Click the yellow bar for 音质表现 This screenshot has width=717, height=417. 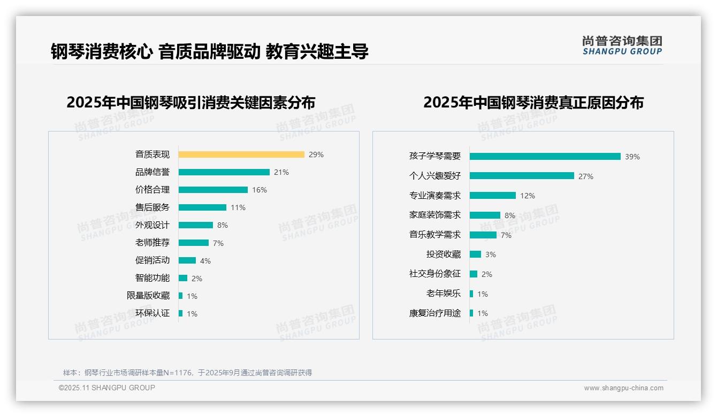[241, 155]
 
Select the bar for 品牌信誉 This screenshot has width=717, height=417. [224, 172]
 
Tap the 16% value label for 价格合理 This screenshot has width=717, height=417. [260, 190]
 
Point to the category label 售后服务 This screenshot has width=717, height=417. [152, 207]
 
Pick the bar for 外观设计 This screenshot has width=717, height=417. [196, 225]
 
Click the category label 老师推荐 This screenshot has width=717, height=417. [152, 243]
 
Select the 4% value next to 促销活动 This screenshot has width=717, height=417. [205, 261]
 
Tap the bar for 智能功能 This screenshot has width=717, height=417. [183, 278]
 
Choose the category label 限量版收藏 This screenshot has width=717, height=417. [148, 296]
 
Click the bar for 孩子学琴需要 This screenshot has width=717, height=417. [545, 157]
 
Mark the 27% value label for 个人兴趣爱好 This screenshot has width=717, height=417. [586, 176]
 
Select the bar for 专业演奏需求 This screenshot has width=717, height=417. [493, 196]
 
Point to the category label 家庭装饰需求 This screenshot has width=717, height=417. [435, 215]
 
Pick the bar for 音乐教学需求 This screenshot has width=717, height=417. [483, 235]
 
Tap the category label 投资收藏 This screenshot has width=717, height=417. [444, 254]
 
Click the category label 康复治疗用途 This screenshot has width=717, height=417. [435, 313]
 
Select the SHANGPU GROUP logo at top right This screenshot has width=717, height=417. [622, 45]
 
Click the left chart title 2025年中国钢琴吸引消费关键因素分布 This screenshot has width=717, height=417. [191, 103]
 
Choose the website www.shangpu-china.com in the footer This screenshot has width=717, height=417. [623, 388]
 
